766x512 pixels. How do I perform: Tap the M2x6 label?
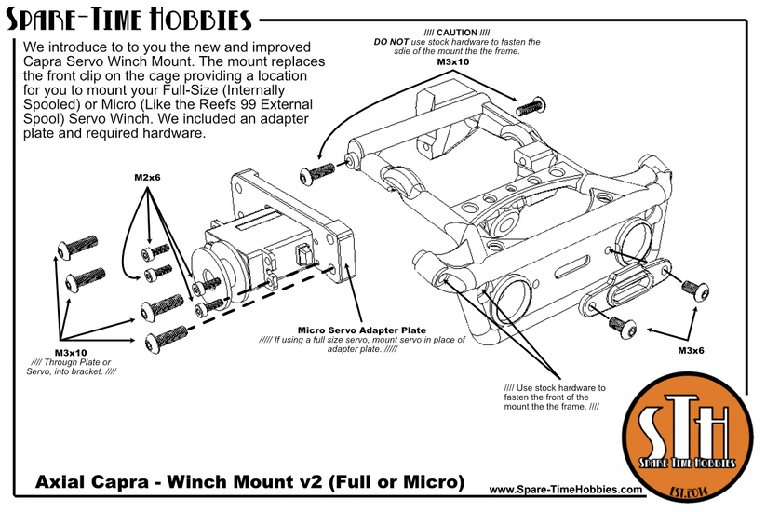click(147, 176)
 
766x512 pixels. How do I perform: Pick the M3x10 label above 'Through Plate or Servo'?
click(70, 353)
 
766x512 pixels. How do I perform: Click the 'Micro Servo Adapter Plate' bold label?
click(361, 330)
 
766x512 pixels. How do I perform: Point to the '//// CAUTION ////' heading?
click(456, 33)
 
